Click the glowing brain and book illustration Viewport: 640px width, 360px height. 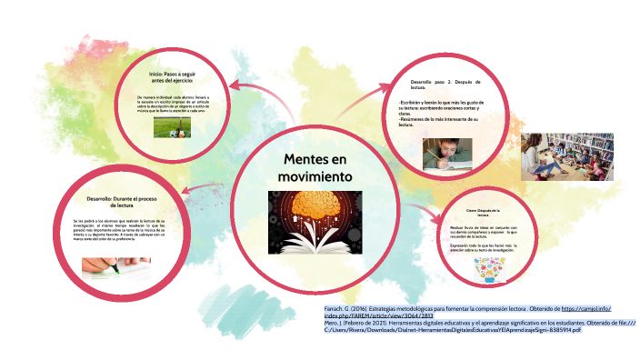coord(313,220)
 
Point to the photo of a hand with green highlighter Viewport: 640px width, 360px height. coord(115,267)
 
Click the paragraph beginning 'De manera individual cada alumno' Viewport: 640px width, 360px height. coord(180,101)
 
